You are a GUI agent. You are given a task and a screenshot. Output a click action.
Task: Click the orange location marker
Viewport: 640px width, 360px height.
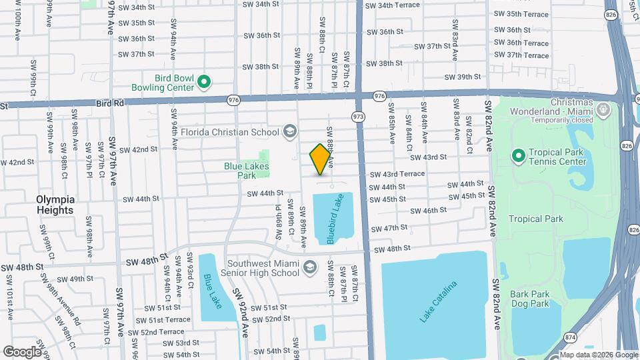coord(320,159)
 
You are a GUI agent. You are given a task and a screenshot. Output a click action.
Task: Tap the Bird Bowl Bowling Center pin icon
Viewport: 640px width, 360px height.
coord(205,83)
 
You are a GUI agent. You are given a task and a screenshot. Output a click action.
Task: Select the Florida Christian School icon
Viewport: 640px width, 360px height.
coord(289,131)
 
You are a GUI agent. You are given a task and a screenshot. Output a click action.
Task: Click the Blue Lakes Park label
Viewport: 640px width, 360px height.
coord(240,171)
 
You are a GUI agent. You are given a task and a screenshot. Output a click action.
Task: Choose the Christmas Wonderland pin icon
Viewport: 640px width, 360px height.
coord(603,108)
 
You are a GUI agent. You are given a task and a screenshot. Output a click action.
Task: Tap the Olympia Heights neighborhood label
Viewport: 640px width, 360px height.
coord(55,205)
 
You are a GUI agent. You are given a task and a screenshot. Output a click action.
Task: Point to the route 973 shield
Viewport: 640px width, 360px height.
coord(359,117)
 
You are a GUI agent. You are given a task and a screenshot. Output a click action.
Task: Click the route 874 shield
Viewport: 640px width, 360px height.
coord(571,337)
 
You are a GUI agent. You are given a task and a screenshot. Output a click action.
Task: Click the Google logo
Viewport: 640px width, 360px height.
coord(22,351)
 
